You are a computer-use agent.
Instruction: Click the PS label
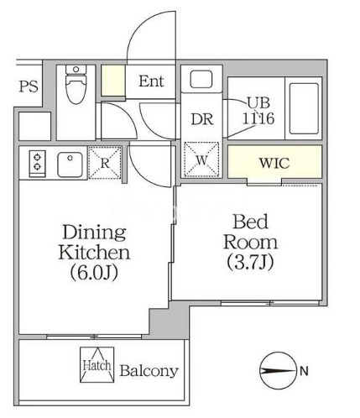point(29,86)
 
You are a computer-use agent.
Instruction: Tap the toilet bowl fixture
point(76,85)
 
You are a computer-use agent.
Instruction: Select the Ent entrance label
point(151,81)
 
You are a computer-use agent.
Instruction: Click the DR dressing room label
point(202,119)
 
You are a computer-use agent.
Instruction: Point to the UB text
point(258,102)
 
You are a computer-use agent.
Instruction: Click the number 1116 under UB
point(258,118)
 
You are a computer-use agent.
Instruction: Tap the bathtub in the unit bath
point(304,108)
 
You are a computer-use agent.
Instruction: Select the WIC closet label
point(274,163)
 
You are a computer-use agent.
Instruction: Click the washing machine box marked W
point(201,159)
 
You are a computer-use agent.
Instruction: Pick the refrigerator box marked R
point(105,163)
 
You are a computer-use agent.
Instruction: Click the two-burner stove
point(37,164)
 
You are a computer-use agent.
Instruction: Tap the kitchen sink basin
point(70,165)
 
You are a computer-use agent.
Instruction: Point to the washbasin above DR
point(201,80)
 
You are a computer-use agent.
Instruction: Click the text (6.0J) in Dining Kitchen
point(94,273)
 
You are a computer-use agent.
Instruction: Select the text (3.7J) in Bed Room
point(250,262)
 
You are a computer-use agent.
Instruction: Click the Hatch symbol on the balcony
point(97,365)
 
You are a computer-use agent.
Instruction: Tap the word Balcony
point(149,371)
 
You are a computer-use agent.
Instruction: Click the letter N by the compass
point(304,371)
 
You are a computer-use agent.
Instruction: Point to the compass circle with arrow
point(278,371)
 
